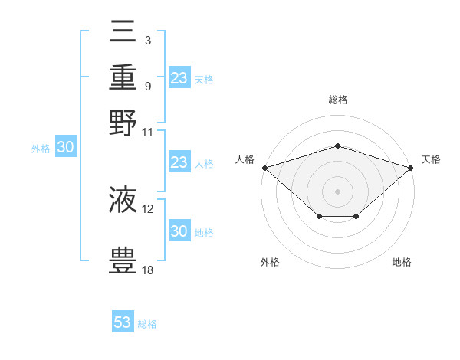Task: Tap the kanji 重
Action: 123,77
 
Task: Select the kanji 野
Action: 123,123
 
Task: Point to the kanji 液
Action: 123,200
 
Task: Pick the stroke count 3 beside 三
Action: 147,39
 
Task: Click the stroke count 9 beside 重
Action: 147,85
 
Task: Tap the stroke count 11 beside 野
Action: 148,131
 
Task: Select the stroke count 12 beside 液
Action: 148,208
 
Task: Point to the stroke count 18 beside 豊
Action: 148,270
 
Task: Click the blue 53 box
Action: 123,322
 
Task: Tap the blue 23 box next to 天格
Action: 179,78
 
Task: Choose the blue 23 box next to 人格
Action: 179,162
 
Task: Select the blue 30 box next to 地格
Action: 179,231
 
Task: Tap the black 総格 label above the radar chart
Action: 338,100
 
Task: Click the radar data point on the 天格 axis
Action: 412,167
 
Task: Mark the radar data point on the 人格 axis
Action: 264,167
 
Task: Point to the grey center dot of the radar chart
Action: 338,191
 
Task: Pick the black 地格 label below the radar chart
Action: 402,263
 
